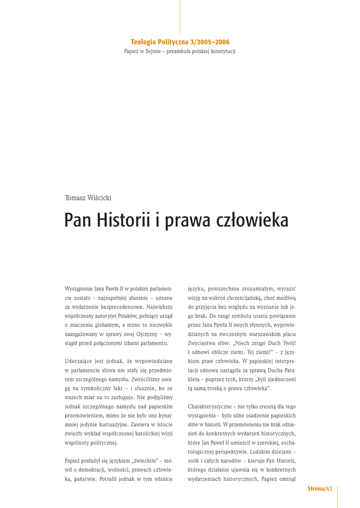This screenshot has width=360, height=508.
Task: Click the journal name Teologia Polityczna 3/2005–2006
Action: pyautogui.click(x=180, y=43)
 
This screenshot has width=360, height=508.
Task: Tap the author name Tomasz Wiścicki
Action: pyautogui.click(x=88, y=198)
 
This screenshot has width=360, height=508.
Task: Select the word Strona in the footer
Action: pyautogui.click(x=315, y=489)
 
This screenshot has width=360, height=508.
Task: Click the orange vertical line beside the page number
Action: pyautogui.click(x=337, y=496)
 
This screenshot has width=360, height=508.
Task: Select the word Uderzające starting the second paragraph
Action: pyautogui.click(x=80, y=361)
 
